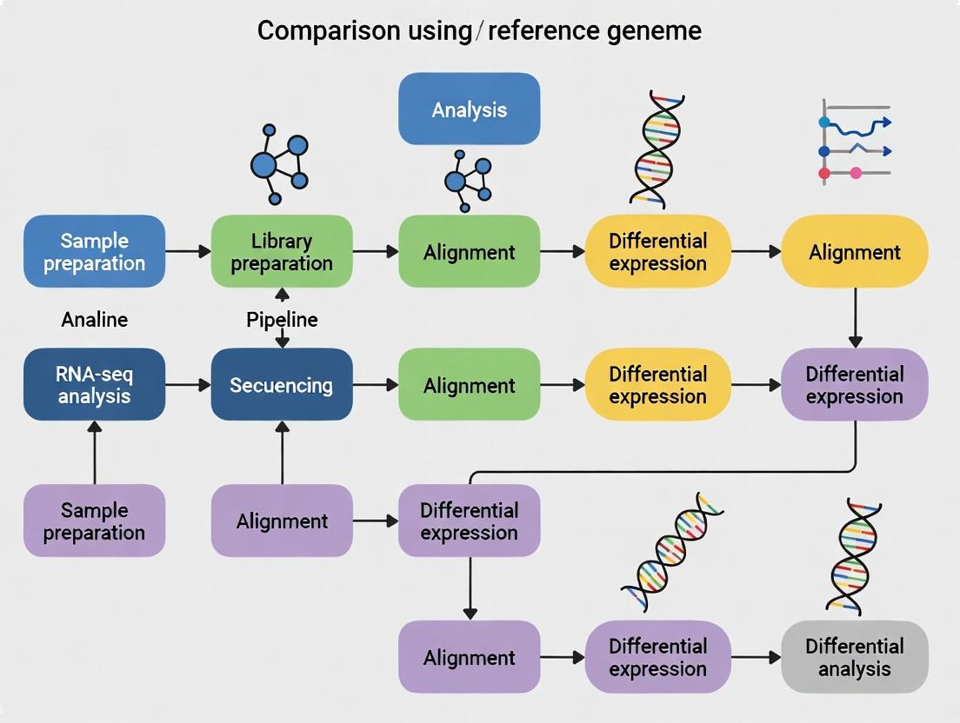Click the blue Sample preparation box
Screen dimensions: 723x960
click(94, 252)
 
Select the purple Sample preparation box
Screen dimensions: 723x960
click(94, 521)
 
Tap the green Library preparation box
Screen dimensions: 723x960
click(282, 252)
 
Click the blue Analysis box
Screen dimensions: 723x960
click(469, 109)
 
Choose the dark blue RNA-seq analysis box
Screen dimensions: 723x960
click(94, 385)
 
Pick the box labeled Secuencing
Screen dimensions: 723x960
click(282, 385)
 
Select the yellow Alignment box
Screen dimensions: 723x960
click(854, 252)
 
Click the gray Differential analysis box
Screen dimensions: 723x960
click(854, 657)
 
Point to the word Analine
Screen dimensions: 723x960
click(94, 320)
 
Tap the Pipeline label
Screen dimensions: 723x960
click(282, 320)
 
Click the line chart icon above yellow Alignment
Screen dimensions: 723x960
click(855, 140)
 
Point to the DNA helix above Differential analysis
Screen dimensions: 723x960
click(853, 556)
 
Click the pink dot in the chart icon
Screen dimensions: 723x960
click(855, 173)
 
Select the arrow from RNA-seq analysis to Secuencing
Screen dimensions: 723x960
click(188, 385)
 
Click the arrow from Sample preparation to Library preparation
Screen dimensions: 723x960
click(188, 252)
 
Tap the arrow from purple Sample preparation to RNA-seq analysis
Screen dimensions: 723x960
click(94, 452)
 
